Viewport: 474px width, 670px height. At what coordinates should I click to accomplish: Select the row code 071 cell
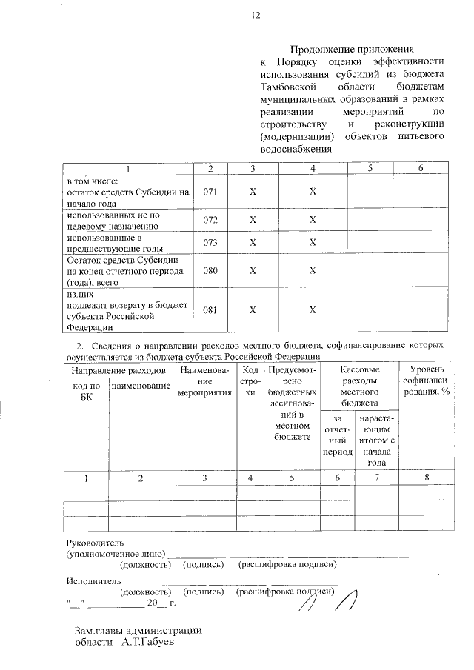pyautogui.click(x=210, y=192)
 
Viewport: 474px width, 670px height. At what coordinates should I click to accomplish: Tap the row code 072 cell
pyautogui.click(x=210, y=221)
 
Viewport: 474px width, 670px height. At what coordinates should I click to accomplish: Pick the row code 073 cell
pyautogui.click(x=210, y=244)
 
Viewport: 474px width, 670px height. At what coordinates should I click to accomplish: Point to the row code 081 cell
pyautogui.click(x=210, y=310)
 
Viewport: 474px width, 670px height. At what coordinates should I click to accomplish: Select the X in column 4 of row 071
pyautogui.click(x=313, y=192)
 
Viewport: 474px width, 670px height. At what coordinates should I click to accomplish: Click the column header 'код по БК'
pyautogui.click(x=87, y=392)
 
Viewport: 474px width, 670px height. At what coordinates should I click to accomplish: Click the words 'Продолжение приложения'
pyautogui.click(x=351, y=50)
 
